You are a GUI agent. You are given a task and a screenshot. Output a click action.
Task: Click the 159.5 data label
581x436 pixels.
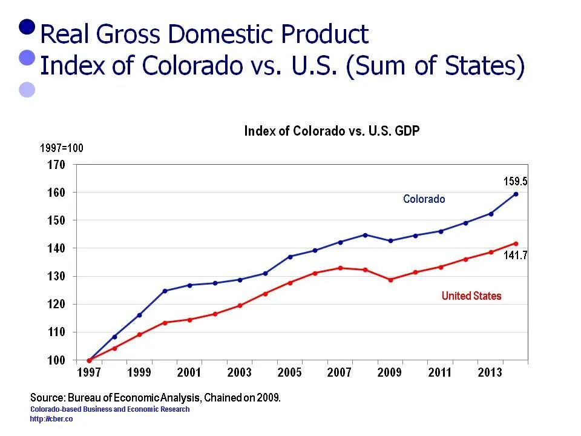point(516,181)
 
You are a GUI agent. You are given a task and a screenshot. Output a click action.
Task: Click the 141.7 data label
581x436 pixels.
point(516,256)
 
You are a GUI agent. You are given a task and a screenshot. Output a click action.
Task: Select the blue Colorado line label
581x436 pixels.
point(424,199)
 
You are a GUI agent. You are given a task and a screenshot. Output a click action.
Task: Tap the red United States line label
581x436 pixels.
point(471,296)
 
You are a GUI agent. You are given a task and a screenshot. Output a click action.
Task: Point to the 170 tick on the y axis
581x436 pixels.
point(56,164)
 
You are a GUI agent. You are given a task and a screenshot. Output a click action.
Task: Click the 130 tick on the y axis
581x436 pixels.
point(56,276)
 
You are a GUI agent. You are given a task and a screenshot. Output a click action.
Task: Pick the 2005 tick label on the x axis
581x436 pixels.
point(289,373)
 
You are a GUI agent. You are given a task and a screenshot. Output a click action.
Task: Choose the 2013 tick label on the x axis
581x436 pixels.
point(490,373)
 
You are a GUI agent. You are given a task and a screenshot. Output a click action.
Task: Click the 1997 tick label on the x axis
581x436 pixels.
point(89,373)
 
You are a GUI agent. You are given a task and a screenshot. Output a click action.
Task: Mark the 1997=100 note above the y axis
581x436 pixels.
point(62,148)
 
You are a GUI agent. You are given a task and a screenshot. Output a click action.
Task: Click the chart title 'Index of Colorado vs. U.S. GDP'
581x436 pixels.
point(332,131)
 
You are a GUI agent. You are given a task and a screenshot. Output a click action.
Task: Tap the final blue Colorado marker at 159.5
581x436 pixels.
point(516,194)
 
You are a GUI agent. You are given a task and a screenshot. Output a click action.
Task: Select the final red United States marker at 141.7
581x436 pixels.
point(516,243)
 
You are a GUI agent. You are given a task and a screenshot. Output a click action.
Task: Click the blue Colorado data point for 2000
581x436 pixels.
point(165,291)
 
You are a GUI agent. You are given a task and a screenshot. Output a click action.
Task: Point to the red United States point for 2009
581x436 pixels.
point(390,280)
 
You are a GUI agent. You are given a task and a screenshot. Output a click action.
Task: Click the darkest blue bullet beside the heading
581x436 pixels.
point(27,27)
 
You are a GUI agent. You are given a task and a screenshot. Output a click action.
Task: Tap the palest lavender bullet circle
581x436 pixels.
point(27,90)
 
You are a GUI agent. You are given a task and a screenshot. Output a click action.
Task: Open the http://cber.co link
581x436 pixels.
point(51,419)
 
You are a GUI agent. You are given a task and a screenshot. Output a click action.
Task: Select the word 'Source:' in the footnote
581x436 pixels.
point(48,398)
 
